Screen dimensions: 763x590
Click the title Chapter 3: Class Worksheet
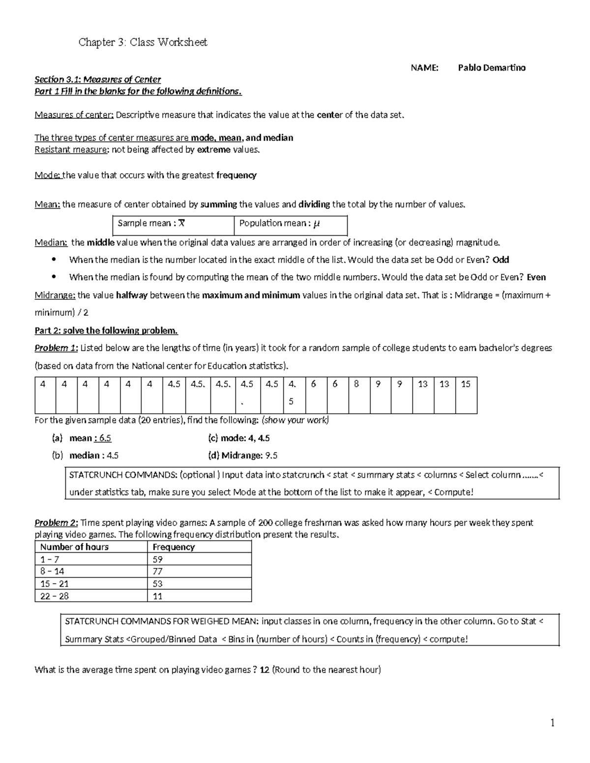click(143, 42)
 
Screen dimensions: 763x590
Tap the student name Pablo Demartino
click(491, 68)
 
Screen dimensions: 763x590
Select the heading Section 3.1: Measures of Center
click(97, 80)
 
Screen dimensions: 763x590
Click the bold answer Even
click(536, 277)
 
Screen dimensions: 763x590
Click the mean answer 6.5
click(105, 438)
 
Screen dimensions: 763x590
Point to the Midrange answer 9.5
click(271, 455)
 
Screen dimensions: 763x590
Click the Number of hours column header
click(74, 547)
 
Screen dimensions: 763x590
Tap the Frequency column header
click(174, 547)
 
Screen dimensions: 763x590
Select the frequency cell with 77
click(158, 571)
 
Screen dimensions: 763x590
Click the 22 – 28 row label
click(55, 596)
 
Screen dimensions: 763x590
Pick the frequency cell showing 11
click(158, 596)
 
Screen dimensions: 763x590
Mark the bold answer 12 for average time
click(264, 670)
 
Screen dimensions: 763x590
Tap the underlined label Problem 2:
click(56, 523)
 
